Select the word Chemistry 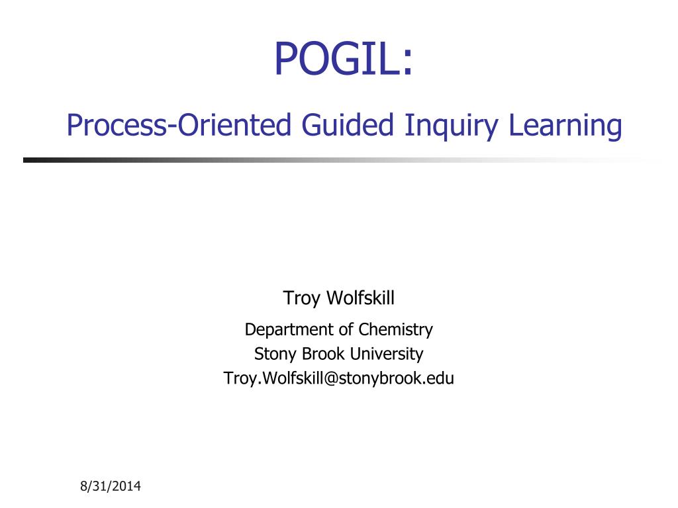click(395, 329)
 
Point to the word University click(387, 354)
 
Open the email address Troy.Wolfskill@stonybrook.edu click(339, 378)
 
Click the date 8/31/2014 click(111, 487)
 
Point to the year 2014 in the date click(126, 487)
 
